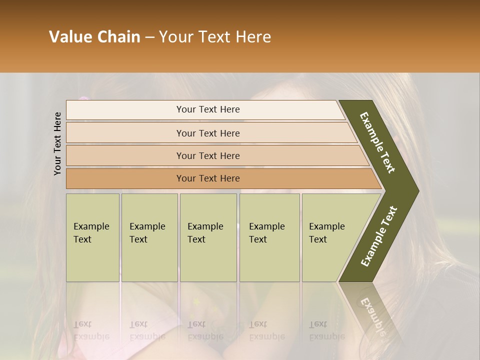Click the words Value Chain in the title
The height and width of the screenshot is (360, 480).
click(94, 37)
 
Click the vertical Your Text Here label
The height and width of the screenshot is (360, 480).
click(57, 143)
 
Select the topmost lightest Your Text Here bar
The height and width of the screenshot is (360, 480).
click(207, 109)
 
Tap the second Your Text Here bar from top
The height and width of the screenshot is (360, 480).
click(207, 133)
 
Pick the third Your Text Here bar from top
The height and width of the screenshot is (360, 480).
click(207, 155)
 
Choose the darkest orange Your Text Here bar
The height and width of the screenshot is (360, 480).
click(207, 178)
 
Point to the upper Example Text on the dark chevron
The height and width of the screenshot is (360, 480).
click(378, 142)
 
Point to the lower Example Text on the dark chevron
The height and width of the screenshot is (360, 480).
click(379, 236)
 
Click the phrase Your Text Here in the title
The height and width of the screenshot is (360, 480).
click(215, 37)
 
